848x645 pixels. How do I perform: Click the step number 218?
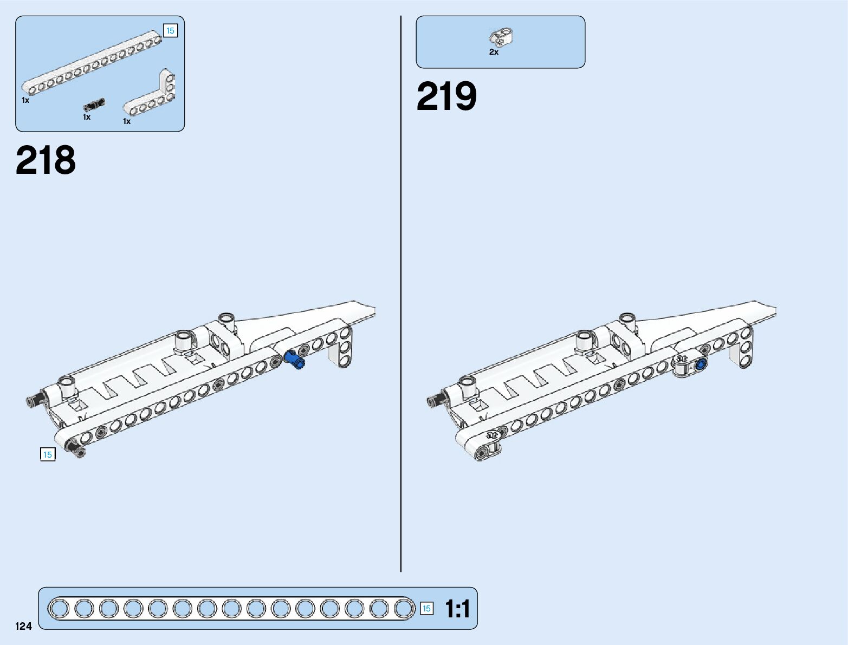tap(46, 160)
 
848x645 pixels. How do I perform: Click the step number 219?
tap(446, 97)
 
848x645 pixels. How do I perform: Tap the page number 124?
tap(24, 626)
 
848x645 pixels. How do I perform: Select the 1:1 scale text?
tap(457, 609)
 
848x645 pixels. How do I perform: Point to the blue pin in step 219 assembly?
tap(701, 364)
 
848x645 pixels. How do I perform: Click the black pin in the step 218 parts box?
tap(94, 105)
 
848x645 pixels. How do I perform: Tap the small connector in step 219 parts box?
tap(501, 36)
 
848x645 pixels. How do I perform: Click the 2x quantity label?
tap(494, 52)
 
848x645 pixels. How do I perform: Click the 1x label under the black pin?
tap(87, 117)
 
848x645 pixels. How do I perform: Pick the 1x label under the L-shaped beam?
tap(127, 121)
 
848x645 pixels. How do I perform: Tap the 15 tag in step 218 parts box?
tap(170, 31)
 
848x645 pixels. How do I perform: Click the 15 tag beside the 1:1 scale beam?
tap(426, 609)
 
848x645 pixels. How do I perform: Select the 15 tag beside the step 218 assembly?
tap(48, 454)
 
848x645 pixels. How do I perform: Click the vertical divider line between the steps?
tap(401, 292)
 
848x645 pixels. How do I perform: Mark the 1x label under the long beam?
tap(25, 100)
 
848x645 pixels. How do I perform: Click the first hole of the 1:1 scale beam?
tap(60, 608)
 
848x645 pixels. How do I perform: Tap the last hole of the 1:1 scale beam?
tap(403, 608)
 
